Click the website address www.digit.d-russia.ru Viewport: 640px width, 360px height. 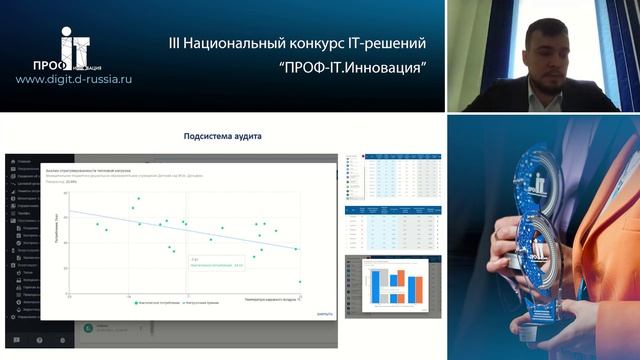point(74,78)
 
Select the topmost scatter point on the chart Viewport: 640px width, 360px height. point(138,199)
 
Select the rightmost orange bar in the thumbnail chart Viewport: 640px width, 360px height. point(416,286)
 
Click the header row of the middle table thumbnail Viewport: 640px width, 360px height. point(392,211)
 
